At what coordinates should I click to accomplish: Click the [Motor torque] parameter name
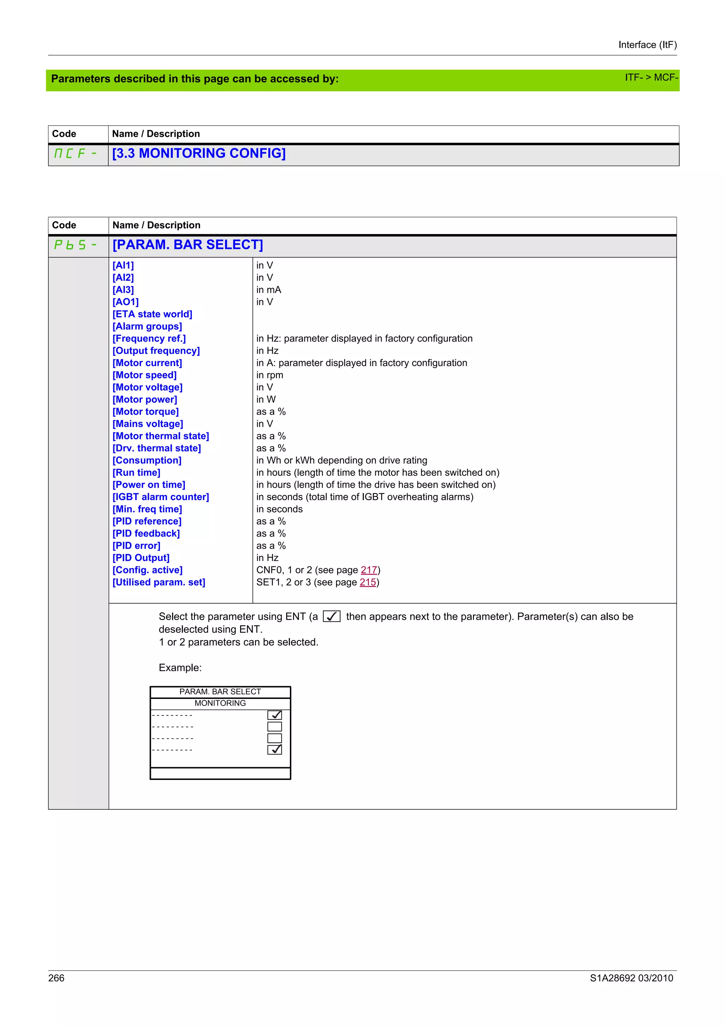pyautogui.click(x=145, y=411)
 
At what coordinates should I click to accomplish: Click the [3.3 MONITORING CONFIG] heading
pyautogui.click(x=199, y=153)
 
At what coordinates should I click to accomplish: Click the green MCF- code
pyautogui.click(x=75, y=153)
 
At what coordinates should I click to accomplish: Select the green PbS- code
pyautogui.click(x=75, y=245)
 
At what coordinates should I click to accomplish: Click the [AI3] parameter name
pyautogui.click(x=123, y=290)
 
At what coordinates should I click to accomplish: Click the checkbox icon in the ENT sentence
pyautogui.click(x=331, y=616)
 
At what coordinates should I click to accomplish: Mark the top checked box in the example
pyautogui.click(x=274, y=715)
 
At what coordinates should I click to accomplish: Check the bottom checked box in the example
pyautogui.click(x=274, y=749)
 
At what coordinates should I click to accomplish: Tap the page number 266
pyautogui.click(x=56, y=978)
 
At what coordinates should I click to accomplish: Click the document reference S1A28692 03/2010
pyautogui.click(x=631, y=978)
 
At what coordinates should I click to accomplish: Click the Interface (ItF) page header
pyautogui.click(x=647, y=45)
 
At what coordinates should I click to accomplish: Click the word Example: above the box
pyautogui.click(x=180, y=668)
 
